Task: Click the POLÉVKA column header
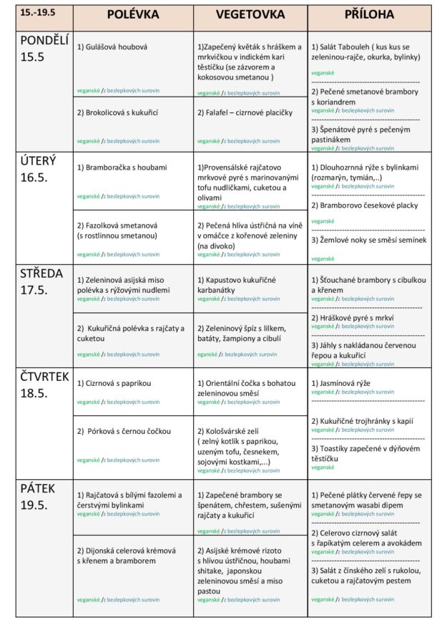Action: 133,15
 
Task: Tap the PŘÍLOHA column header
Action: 370,15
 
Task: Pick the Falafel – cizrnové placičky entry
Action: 245,113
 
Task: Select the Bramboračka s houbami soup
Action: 122,168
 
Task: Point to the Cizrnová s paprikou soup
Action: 114,383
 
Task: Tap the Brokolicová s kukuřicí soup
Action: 117,113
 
